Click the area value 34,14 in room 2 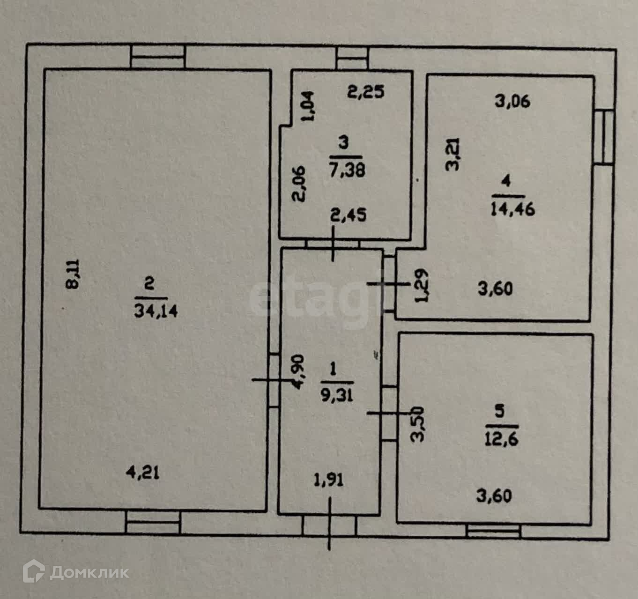point(156,311)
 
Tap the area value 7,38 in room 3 point(347,169)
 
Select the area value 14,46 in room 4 point(512,208)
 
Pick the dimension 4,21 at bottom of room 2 point(143,473)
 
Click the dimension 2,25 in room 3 point(366,91)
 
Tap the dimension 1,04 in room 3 point(309,106)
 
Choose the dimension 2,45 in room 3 point(348,215)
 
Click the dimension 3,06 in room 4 point(512,101)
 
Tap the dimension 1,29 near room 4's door point(422,285)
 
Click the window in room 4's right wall point(605,136)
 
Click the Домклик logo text point(89,572)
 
